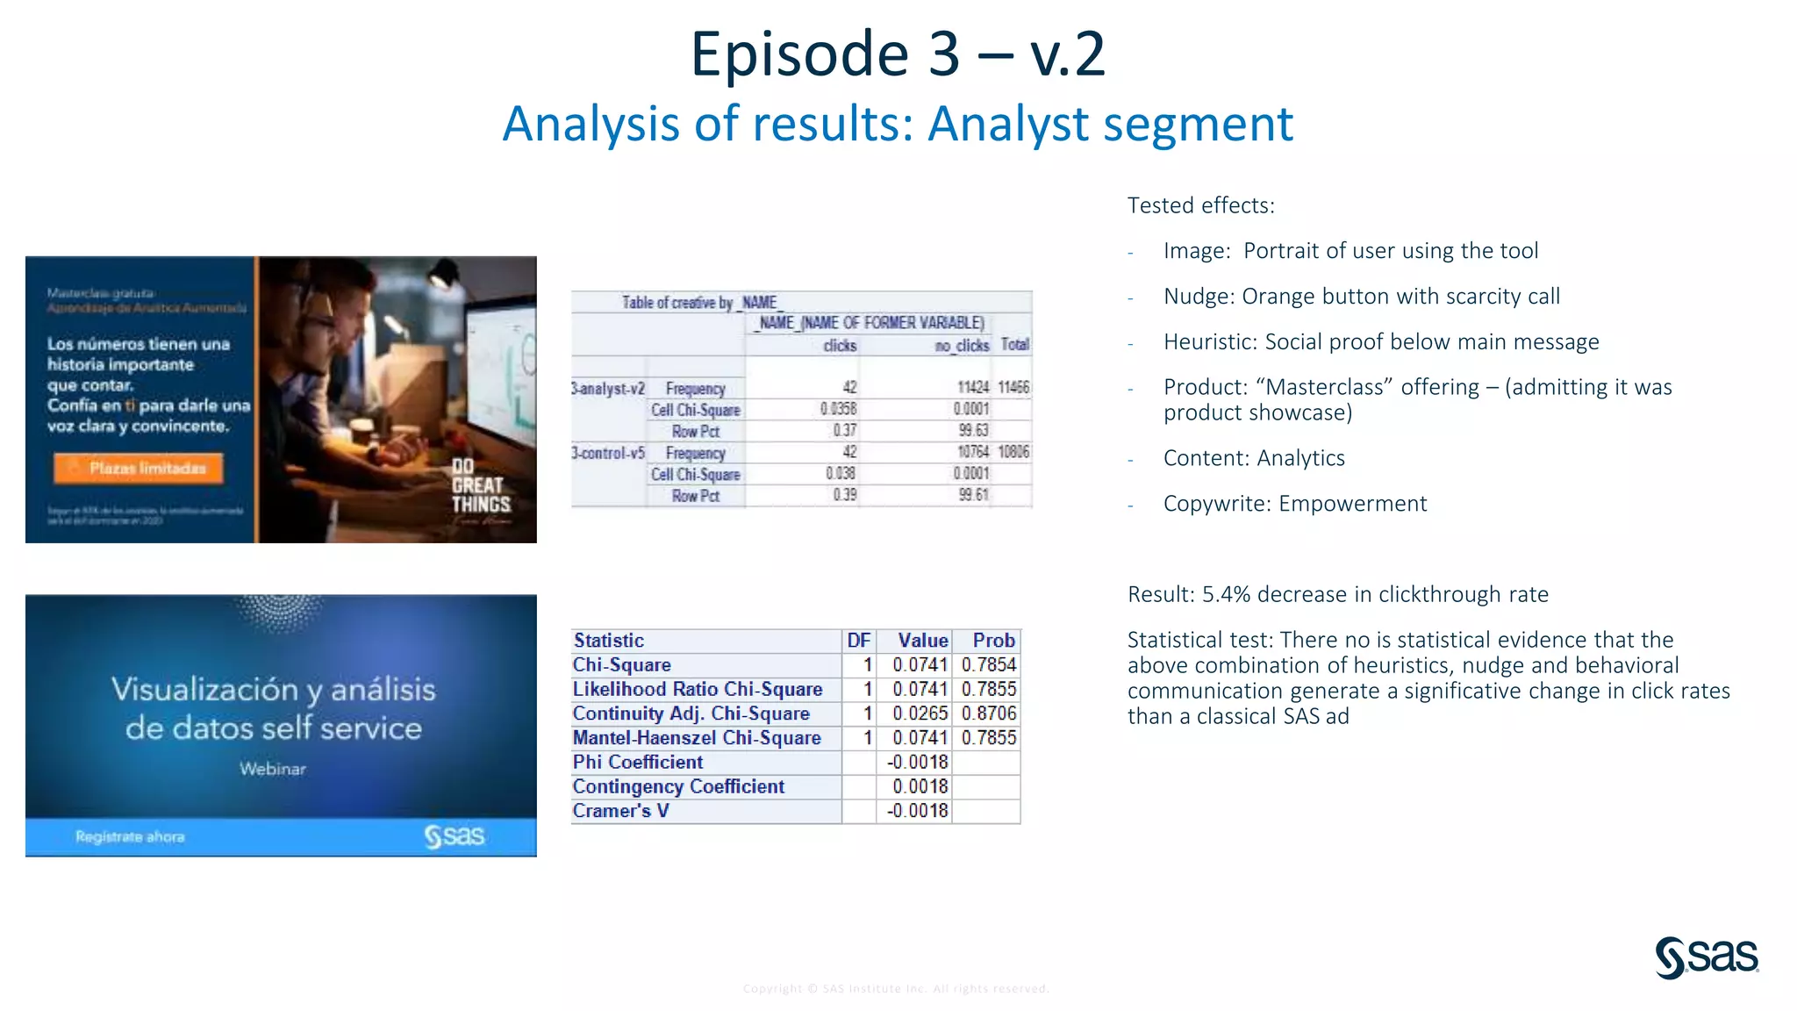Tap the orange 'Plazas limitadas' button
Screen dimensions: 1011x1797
(x=139, y=468)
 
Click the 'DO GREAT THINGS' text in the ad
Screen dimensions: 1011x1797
(x=480, y=485)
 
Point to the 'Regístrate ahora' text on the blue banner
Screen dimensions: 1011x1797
(x=130, y=836)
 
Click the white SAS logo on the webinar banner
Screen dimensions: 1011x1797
(x=454, y=836)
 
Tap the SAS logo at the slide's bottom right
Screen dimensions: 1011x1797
(x=1707, y=957)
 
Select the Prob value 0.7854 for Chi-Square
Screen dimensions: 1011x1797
(x=988, y=665)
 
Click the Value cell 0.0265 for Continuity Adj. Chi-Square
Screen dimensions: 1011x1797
(x=920, y=713)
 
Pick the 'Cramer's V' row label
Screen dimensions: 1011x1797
(x=621, y=811)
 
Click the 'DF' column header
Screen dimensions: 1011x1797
(x=858, y=641)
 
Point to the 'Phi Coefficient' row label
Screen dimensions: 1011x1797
(x=638, y=762)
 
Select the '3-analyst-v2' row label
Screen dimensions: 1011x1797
(x=608, y=388)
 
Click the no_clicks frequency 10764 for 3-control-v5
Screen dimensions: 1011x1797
(x=972, y=452)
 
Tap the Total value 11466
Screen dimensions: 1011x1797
(x=1013, y=387)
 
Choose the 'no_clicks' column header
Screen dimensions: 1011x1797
(x=962, y=345)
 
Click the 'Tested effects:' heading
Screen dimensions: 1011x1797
(x=1200, y=205)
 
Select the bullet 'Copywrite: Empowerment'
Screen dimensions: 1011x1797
(x=1294, y=504)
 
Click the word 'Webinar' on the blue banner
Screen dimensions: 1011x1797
(x=273, y=769)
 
